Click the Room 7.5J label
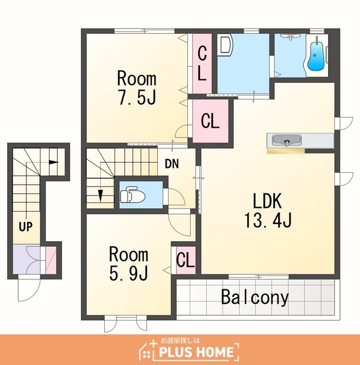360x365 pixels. pyautogui.click(x=137, y=88)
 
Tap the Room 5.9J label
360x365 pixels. pyautogui.click(x=129, y=264)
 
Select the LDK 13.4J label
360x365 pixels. pyautogui.click(x=268, y=210)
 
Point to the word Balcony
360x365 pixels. pyautogui.click(x=255, y=297)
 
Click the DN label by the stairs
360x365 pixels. pyautogui.click(x=171, y=164)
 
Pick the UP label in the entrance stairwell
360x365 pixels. pyautogui.click(x=26, y=226)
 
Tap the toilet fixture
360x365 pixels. pyautogui.click(x=133, y=194)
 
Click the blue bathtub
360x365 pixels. pyautogui.click(x=316, y=56)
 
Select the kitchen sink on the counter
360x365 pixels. pyautogui.click(x=287, y=141)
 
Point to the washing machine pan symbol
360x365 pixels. pyautogui.click(x=225, y=45)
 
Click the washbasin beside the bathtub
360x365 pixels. pyautogui.click(x=290, y=36)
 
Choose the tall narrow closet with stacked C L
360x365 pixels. pyautogui.click(x=202, y=63)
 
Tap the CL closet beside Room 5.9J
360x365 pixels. pyautogui.click(x=186, y=260)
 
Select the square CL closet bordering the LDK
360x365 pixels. pyautogui.click(x=210, y=121)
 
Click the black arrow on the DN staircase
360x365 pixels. pyautogui.click(x=100, y=196)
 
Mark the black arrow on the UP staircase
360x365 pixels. pyautogui.click(x=54, y=162)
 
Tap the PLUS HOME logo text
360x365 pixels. pyautogui.click(x=196, y=351)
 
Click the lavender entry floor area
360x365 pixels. pyautogui.click(x=27, y=259)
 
